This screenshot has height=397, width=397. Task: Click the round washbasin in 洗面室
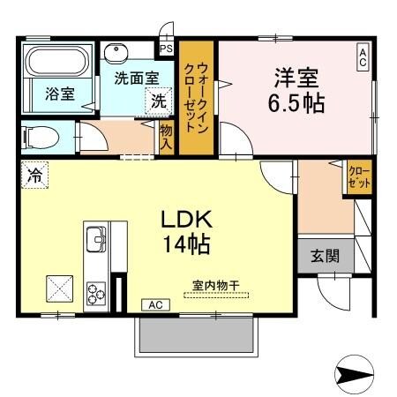[116, 52]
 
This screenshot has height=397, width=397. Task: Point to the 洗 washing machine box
[157, 101]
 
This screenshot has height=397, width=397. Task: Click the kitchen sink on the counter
[94, 237]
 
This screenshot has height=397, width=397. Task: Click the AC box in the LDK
[155, 304]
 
